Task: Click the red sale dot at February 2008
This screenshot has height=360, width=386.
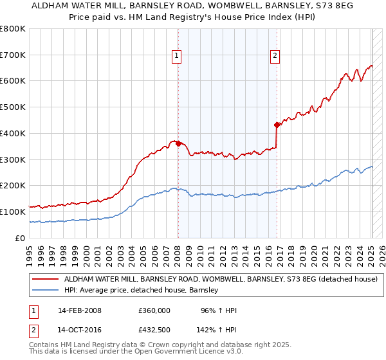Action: (178, 143)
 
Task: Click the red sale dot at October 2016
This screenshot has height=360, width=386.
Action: (277, 124)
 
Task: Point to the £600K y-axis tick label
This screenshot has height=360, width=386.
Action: (13, 81)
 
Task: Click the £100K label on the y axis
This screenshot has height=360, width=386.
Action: (13, 212)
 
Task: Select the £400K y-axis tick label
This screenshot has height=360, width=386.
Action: (13, 133)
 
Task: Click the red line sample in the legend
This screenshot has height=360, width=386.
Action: (46, 280)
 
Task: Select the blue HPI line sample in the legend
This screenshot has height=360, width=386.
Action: (46, 291)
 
